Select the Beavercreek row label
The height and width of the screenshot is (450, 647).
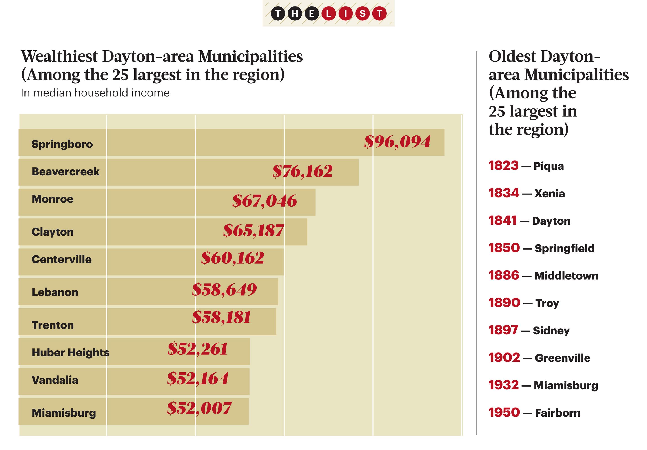click(x=65, y=172)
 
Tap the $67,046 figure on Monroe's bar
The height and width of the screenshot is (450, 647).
click(x=264, y=201)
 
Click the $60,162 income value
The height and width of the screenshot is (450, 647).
click(x=233, y=258)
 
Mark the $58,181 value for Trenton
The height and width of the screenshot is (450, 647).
click(x=222, y=317)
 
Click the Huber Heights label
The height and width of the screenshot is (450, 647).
click(x=71, y=352)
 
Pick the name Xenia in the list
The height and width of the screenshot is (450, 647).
click(x=550, y=194)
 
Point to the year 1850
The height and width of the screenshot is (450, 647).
click(x=504, y=248)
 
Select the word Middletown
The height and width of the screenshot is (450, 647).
click(x=566, y=276)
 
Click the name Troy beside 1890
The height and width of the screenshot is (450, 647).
click(x=547, y=303)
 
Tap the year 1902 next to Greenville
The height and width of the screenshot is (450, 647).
click(x=504, y=358)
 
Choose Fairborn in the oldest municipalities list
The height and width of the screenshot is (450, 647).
click(x=557, y=413)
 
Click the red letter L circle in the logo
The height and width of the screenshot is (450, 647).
click(x=329, y=13)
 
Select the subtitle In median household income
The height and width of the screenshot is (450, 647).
click(x=95, y=93)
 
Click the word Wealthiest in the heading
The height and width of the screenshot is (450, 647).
click(x=60, y=56)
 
